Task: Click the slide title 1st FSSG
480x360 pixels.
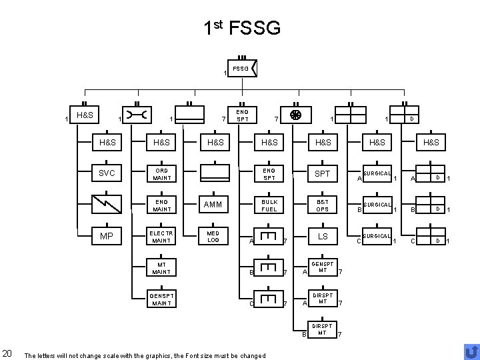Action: [243, 28]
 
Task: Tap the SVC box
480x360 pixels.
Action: [107, 173]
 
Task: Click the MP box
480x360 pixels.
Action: [107, 236]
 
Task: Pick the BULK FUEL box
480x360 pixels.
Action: [269, 205]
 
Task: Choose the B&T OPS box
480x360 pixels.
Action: [323, 205]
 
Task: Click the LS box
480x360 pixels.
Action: [323, 236]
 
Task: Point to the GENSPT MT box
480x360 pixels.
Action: [323, 267]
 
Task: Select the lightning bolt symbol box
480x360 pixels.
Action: [107, 205]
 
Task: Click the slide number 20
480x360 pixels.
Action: [7, 353]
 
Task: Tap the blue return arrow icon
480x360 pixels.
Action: [471, 351]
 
